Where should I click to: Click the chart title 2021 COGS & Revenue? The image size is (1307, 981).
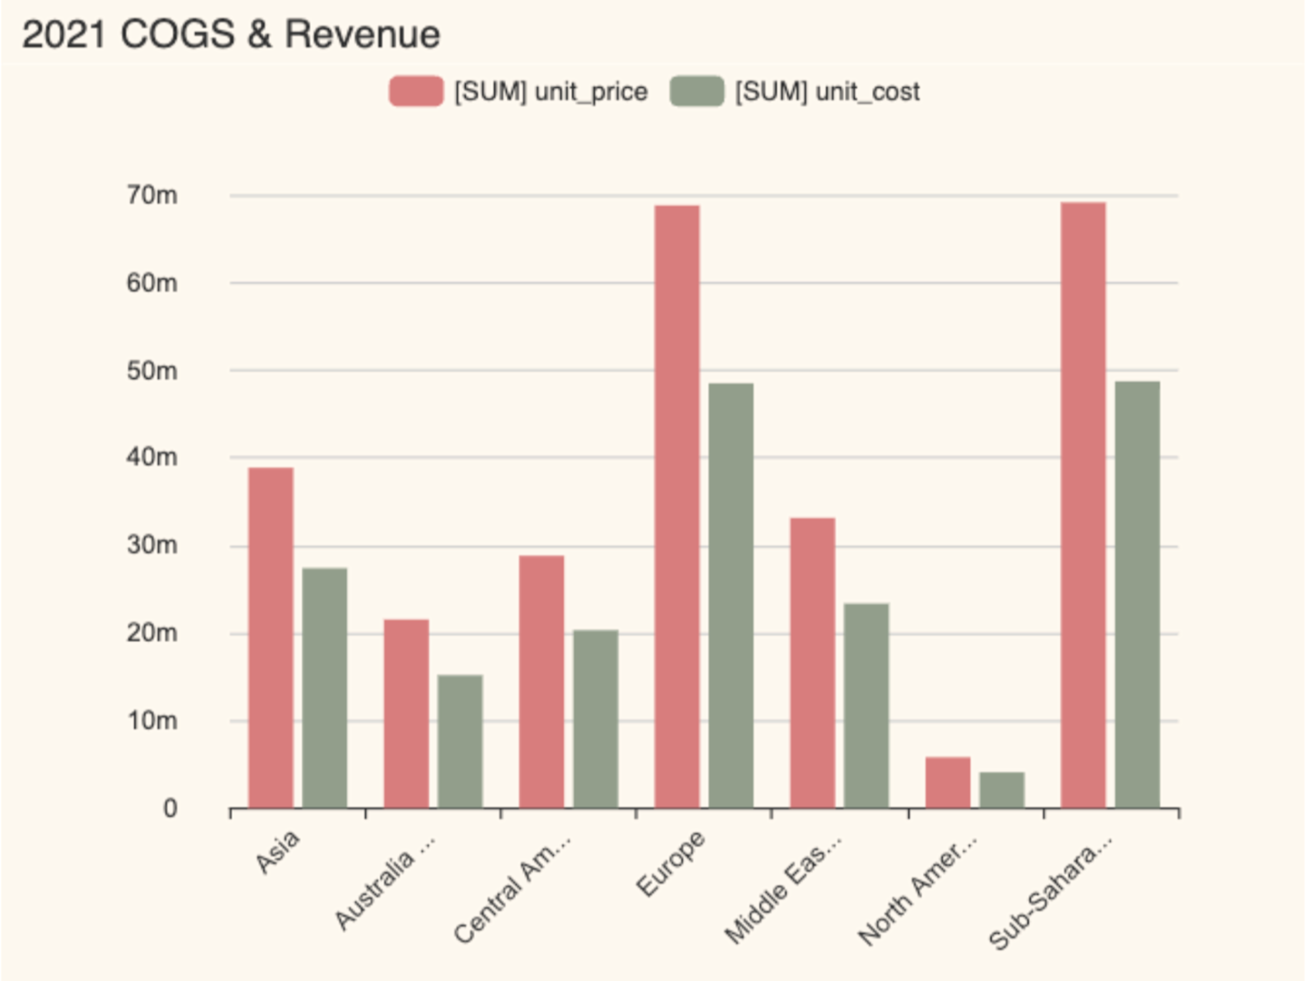[x=231, y=35]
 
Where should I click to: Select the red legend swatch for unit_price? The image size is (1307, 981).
[x=416, y=92]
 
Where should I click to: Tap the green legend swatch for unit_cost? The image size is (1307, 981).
[x=697, y=92]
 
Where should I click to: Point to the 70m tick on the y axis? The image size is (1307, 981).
[x=152, y=195]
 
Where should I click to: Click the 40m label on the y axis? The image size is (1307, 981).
[x=152, y=458]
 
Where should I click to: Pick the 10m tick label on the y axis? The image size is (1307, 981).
[x=152, y=721]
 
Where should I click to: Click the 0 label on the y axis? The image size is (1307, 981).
[x=170, y=808]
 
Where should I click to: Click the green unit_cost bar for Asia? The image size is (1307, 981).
[x=324, y=688]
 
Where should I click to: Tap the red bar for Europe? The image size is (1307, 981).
[x=677, y=506]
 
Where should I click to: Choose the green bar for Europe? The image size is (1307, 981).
[x=731, y=595]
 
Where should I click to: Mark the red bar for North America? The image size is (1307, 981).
[x=947, y=783]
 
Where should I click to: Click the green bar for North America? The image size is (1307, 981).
[x=1002, y=790]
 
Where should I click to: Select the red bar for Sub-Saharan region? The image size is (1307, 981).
[x=1083, y=505]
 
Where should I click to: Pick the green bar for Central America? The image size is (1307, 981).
[x=596, y=718]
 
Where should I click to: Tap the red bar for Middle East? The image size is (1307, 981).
[x=812, y=663]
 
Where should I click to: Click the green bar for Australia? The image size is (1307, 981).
[x=460, y=741]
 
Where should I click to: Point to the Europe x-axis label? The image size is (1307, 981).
[x=670, y=864]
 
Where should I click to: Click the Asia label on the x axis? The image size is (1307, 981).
[x=277, y=852]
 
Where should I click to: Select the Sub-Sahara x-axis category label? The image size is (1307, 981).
[x=1049, y=893]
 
